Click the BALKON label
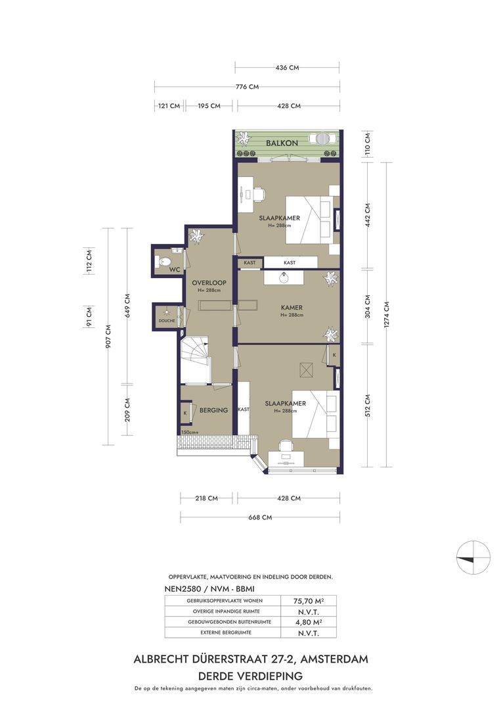tap(282, 143)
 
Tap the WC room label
tap(174, 270)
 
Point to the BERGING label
tap(213, 410)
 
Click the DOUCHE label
tap(166, 321)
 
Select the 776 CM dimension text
tap(247, 87)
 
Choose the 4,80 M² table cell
tap(305, 623)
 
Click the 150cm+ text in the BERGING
tap(190, 432)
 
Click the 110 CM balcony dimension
tap(368, 143)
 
